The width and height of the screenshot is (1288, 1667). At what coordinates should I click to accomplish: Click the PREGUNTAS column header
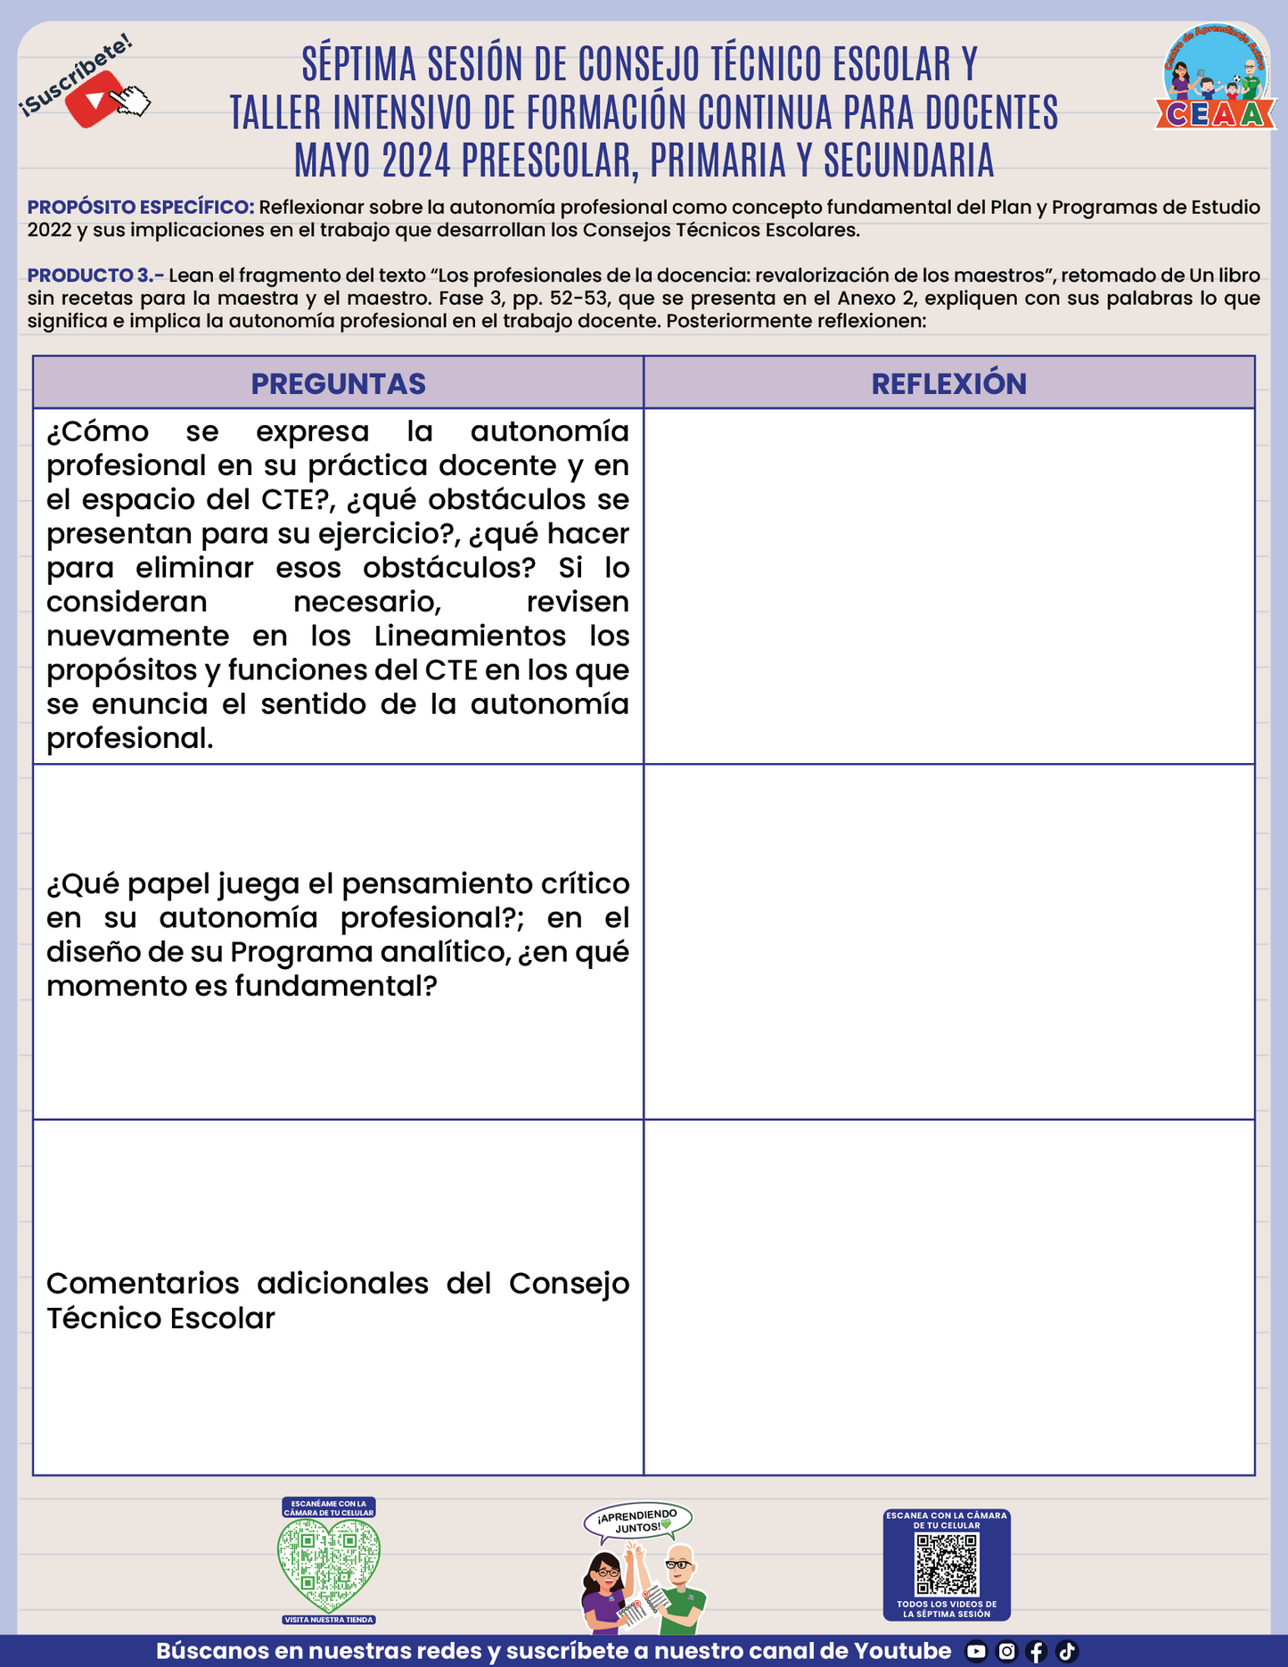338,383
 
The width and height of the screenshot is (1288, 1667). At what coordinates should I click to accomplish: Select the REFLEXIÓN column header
948,383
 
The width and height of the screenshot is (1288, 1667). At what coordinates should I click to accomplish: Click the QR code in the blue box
947,1564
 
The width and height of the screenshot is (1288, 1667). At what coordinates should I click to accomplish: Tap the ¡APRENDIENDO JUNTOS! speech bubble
637,1521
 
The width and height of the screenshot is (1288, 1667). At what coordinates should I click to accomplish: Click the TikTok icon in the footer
1067,1652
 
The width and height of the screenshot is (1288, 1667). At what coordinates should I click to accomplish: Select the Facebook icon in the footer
1037,1652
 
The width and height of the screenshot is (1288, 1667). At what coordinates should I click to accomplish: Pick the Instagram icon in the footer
1006,1652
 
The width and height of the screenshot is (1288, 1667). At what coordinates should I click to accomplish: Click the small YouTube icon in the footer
976,1652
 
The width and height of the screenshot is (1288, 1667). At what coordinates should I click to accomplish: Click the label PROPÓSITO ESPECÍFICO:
141,208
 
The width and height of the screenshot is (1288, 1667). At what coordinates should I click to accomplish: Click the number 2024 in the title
415,160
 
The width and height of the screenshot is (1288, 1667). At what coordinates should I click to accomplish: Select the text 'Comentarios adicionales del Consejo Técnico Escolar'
337,1301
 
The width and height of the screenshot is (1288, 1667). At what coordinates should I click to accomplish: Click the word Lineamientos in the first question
470,636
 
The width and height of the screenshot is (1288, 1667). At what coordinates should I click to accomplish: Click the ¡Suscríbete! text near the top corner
75,75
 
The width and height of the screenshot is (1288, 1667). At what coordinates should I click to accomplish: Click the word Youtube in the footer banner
901,1651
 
